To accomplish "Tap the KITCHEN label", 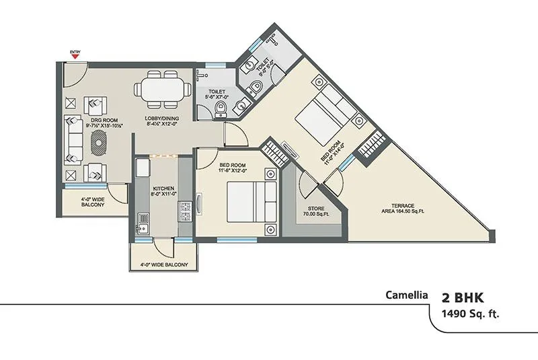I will pyautogui.click(x=164, y=190).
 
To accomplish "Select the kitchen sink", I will pyautogui.click(x=142, y=219).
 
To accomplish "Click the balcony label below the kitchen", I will pyautogui.click(x=163, y=256).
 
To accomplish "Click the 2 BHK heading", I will pyautogui.click(x=463, y=297).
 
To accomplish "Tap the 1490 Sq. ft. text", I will pyautogui.click(x=471, y=314).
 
